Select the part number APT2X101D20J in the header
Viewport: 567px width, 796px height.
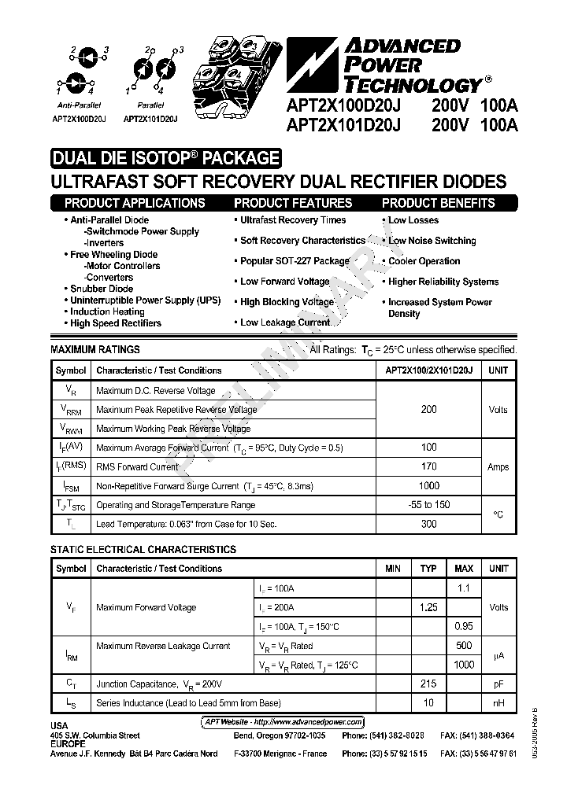344,124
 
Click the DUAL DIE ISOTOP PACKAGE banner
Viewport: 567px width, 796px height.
165,158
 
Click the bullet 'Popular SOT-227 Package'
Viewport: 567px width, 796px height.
294,261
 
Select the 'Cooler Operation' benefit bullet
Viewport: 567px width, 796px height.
424,261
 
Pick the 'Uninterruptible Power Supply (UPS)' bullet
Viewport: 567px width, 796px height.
145,300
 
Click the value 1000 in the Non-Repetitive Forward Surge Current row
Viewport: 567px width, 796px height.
428,486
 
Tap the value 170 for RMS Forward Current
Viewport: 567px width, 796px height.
428,466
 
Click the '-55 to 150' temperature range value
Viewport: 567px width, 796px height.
428,505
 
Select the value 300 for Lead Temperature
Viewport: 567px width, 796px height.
428,524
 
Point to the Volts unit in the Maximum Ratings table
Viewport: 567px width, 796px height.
498,410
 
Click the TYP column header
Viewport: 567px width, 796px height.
428,569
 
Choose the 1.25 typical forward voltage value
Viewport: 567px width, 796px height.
428,608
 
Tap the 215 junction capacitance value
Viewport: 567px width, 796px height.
428,684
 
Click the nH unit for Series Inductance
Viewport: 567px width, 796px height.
498,703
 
